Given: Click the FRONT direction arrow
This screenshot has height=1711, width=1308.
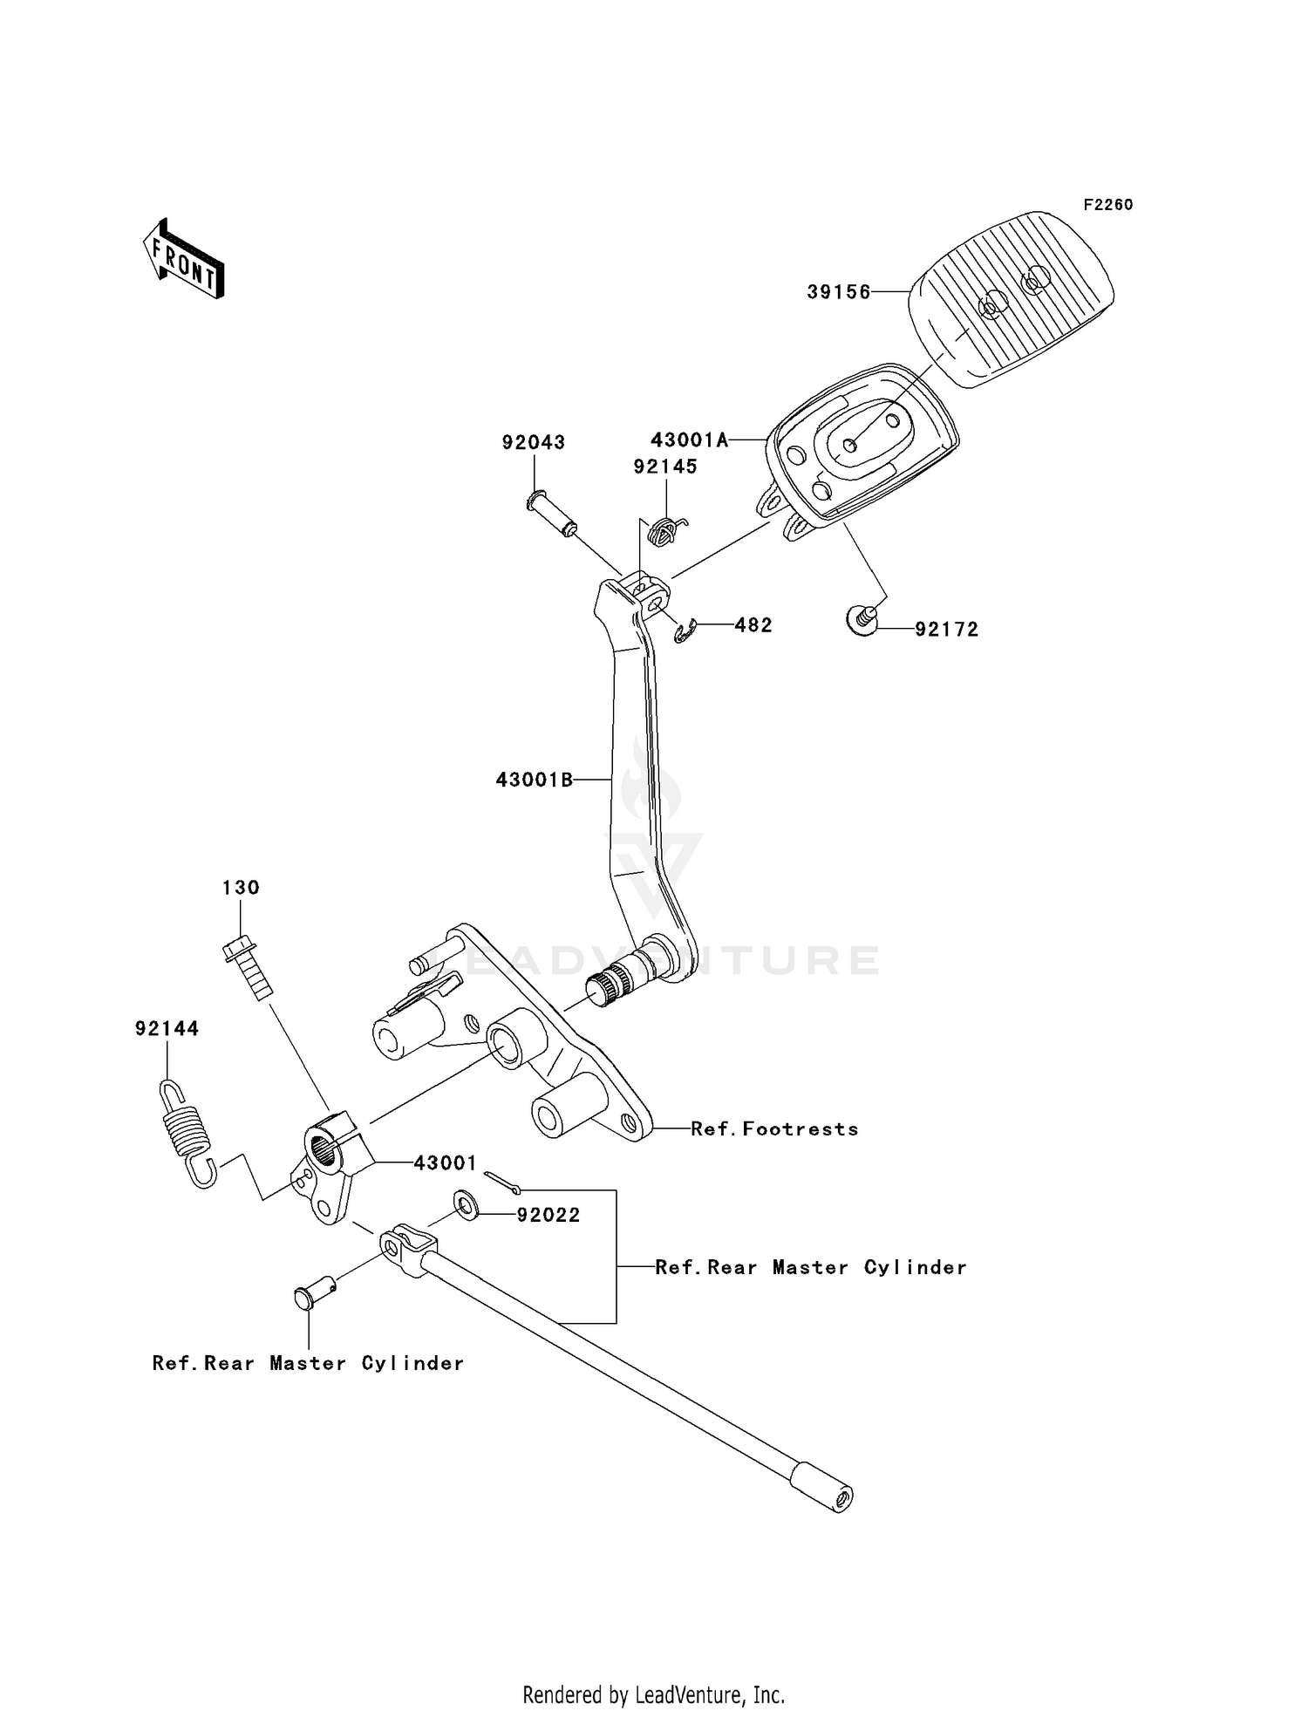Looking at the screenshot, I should point(184,260).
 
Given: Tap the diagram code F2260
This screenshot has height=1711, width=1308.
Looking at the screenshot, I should point(1107,205).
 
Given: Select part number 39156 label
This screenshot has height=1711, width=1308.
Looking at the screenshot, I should point(838,293).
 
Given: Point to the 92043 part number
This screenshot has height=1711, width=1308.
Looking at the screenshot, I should point(533,443).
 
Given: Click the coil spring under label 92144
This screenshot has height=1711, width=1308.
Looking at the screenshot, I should point(187,1132).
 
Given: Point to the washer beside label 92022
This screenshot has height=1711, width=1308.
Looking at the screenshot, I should point(467,1207).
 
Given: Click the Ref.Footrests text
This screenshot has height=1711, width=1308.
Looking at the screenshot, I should point(774,1129).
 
